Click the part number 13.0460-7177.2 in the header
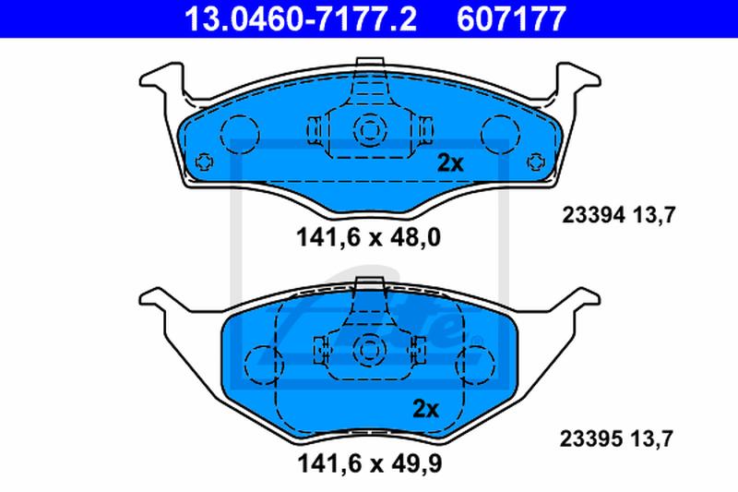(x=301, y=18)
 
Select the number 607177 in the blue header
(x=511, y=18)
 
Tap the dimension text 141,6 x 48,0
(x=368, y=237)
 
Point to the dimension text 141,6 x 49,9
(x=370, y=463)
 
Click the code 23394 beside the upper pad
(x=594, y=216)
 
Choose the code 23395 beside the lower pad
(x=591, y=439)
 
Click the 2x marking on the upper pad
(x=450, y=162)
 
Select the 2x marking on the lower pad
(x=425, y=409)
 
